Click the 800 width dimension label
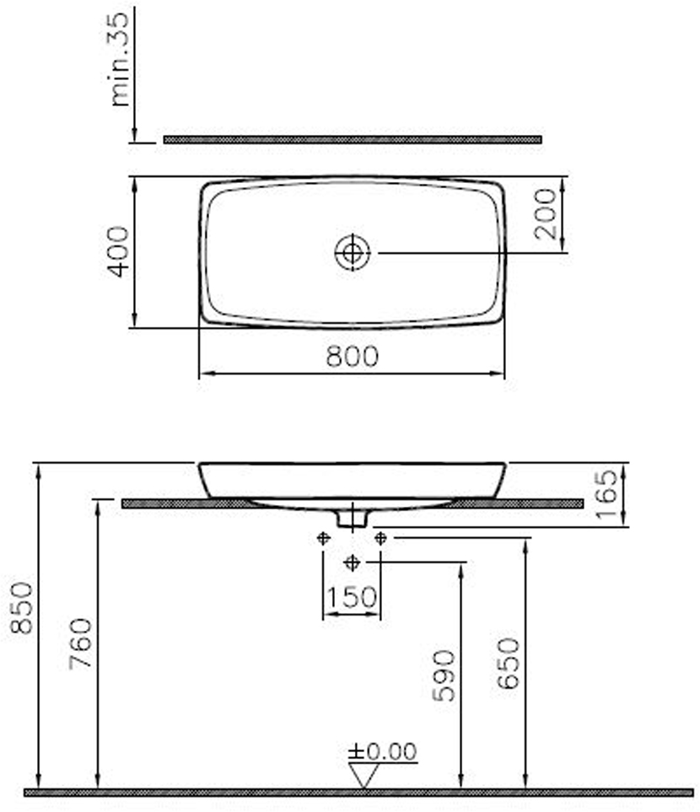[x=353, y=357]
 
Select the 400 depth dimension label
[x=117, y=251]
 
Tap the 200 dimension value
[x=545, y=214]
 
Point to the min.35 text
[x=119, y=59]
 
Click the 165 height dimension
[x=606, y=494]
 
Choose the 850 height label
[x=22, y=608]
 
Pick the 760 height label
[x=81, y=643]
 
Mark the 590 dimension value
[x=444, y=675]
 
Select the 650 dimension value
[x=508, y=664]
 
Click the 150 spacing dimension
[x=352, y=597]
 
